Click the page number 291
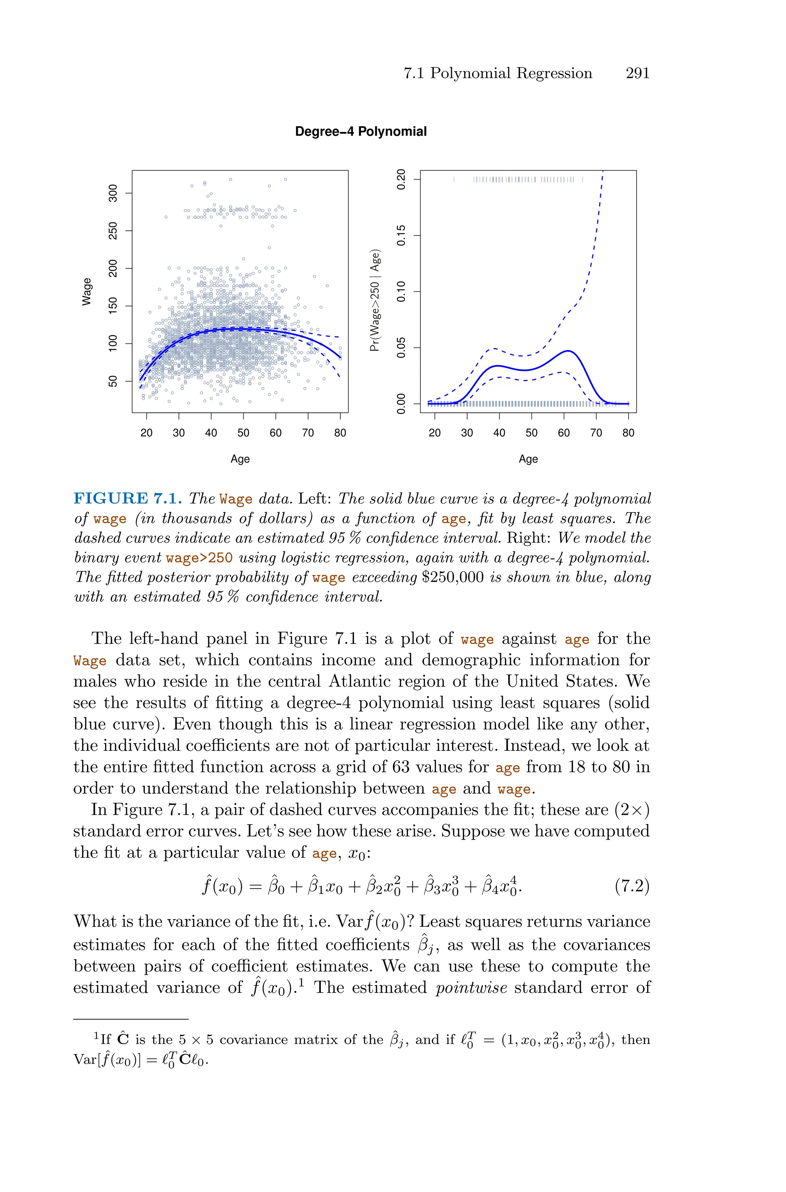[x=637, y=73]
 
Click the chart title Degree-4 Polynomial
[x=360, y=131]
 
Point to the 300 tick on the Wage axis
[x=113, y=193]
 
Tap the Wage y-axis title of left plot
[x=87, y=291]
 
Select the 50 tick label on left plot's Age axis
[x=243, y=433]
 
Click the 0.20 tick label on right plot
[x=401, y=179]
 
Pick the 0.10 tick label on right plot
[x=401, y=291]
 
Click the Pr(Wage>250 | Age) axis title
[x=375, y=300]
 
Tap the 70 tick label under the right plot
[x=596, y=433]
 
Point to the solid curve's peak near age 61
[x=568, y=351]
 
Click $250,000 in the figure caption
[x=452, y=577]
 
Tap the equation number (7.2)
[x=632, y=887]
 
